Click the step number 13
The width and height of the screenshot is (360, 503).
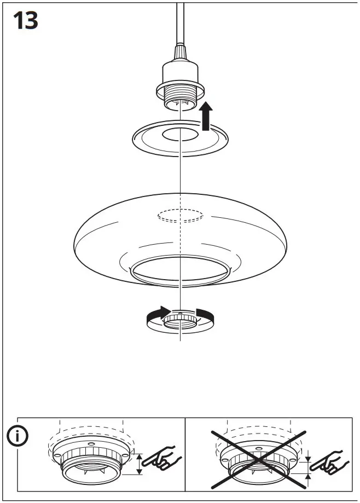tap(25, 20)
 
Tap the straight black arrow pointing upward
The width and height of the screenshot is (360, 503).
tap(206, 116)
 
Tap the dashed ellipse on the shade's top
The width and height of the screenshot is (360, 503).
tap(180, 215)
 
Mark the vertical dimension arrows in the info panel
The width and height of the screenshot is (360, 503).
tap(138, 464)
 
